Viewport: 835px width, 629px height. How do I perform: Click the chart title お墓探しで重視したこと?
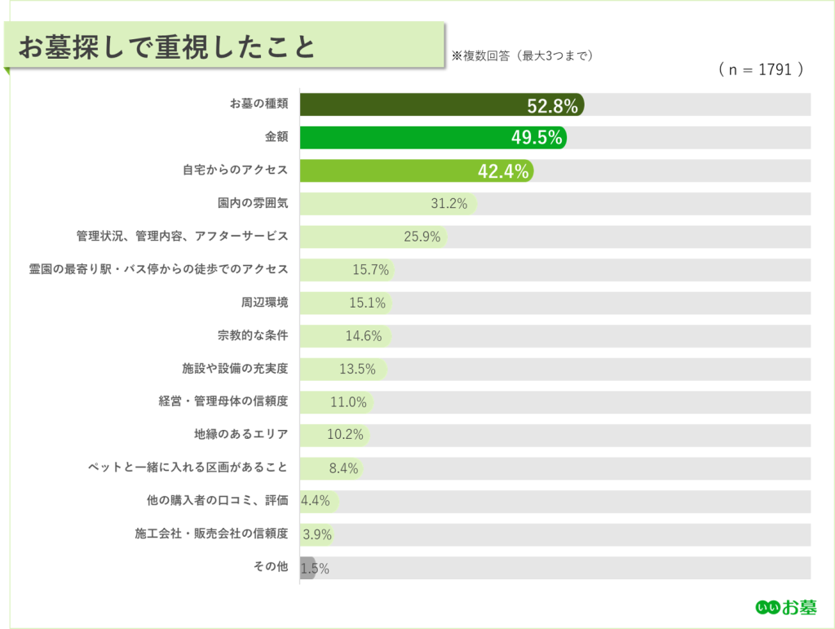pos(167,47)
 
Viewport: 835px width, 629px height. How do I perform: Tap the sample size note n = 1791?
pos(761,69)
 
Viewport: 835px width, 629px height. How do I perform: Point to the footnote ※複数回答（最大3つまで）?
pos(523,56)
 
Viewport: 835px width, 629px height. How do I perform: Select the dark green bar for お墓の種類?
pos(442,104)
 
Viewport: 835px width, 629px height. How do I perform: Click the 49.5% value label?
pos(537,137)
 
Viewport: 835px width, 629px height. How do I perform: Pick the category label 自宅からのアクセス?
pos(235,170)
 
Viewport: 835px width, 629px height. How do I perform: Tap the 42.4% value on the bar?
pos(503,171)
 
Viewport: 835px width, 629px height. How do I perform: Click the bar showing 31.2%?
pos(388,204)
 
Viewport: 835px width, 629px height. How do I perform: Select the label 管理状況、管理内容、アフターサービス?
pos(182,236)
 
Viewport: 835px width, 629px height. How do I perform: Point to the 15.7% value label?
pos(371,270)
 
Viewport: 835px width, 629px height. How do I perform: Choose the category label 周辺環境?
pos(265,303)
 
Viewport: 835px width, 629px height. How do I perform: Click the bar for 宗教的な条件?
pos(346,336)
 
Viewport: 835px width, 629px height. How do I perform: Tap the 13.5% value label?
pos(357,369)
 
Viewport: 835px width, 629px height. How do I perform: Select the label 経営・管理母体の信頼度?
pos(223,401)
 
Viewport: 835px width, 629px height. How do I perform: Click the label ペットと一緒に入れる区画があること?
pos(188,467)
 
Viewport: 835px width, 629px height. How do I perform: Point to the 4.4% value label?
pos(316,501)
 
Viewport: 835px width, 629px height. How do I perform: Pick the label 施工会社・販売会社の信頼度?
pos(211,533)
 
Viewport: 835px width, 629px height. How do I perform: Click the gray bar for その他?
pos(307,568)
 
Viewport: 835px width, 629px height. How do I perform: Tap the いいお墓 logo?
pos(786,607)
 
